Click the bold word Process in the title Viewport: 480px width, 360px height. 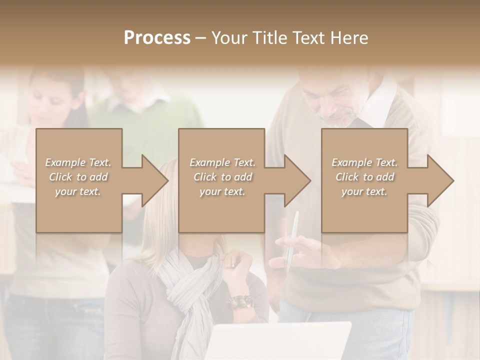(x=157, y=38)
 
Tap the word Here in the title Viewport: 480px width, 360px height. (x=349, y=38)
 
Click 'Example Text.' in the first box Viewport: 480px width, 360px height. (x=78, y=162)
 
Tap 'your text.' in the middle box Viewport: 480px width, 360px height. (x=222, y=192)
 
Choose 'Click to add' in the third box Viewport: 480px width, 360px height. (x=364, y=177)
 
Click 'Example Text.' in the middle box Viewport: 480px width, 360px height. (x=222, y=162)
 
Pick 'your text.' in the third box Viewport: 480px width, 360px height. (x=364, y=192)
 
